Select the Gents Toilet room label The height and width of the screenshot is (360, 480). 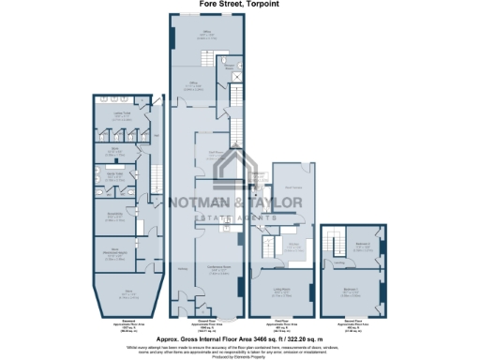(x=112, y=176)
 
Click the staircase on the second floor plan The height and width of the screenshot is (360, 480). (x=330, y=246)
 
